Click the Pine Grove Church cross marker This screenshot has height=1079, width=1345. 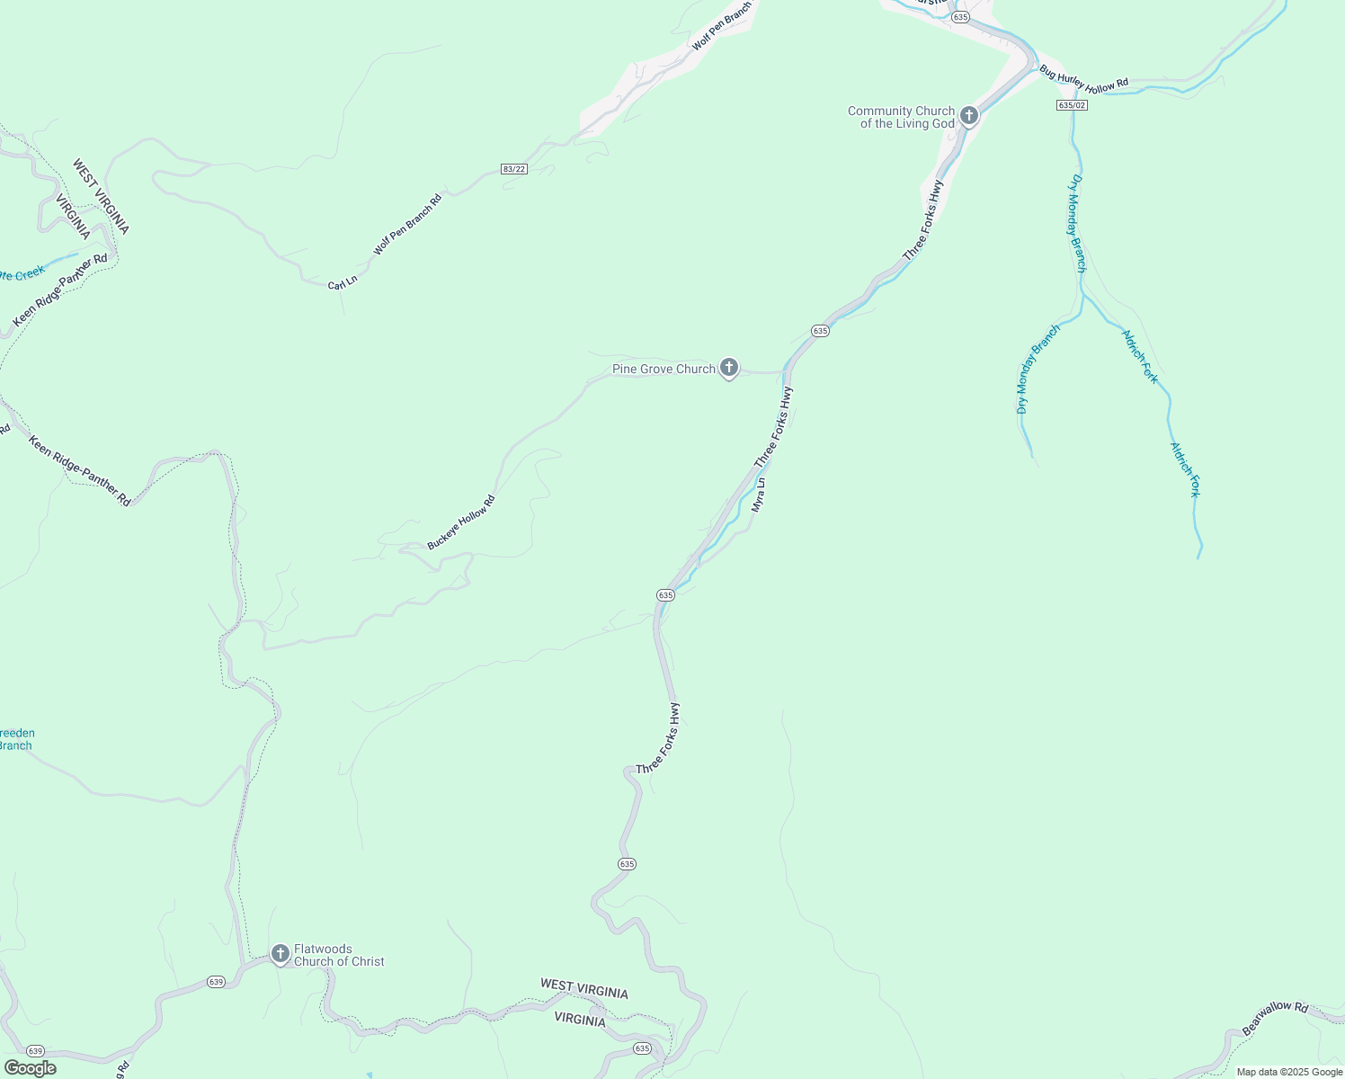click(x=729, y=368)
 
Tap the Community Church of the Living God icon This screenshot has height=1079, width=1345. click(x=968, y=115)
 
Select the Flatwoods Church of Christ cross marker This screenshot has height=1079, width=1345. click(x=280, y=953)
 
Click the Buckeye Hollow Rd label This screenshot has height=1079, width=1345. click(x=461, y=522)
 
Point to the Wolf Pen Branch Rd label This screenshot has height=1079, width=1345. click(x=407, y=225)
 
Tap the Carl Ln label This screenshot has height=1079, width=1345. click(x=343, y=284)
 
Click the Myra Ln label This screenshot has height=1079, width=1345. click(x=759, y=495)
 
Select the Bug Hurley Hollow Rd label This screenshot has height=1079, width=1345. click(x=1083, y=79)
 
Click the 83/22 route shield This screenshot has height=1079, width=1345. click(x=513, y=169)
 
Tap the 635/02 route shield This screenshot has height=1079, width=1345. click(x=1072, y=105)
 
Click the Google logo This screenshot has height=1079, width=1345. click(x=30, y=1068)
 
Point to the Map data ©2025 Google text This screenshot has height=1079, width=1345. click(x=1289, y=1072)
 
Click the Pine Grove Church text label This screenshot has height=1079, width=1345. click(x=664, y=369)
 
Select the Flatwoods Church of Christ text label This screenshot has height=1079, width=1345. click(x=339, y=955)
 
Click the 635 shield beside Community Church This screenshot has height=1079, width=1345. click(x=961, y=17)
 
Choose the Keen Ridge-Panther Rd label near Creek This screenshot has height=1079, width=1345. click(x=60, y=290)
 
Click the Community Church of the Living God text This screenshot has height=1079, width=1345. click(x=901, y=118)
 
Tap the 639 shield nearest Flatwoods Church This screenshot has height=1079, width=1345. click(x=215, y=981)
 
